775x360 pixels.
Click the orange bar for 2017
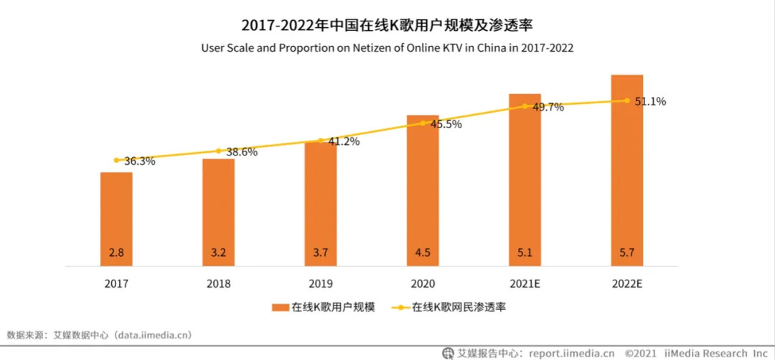[x=116, y=219]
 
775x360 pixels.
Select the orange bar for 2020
[x=423, y=190]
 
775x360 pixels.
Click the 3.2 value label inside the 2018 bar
[x=218, y=252]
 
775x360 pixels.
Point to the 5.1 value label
[x=525, y=252]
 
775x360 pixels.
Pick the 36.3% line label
[x=139, y=161]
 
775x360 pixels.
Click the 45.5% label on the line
[x=446, y=124]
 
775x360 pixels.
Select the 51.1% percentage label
[x=650, y=102]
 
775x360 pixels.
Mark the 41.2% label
[x=344, y=141]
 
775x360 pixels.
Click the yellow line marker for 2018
[x=218, y=151]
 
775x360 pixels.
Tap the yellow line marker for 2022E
[x=627, y=100]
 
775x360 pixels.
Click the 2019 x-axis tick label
[x=320, y=284]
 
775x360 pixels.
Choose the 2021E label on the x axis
[x=525, y=284]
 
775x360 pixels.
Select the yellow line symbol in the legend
[x=399, y=308]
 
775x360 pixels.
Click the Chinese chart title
[x=388, y=27]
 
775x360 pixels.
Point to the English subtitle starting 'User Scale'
[x=388, y=49]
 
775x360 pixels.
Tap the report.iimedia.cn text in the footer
[x=571, y=353]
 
